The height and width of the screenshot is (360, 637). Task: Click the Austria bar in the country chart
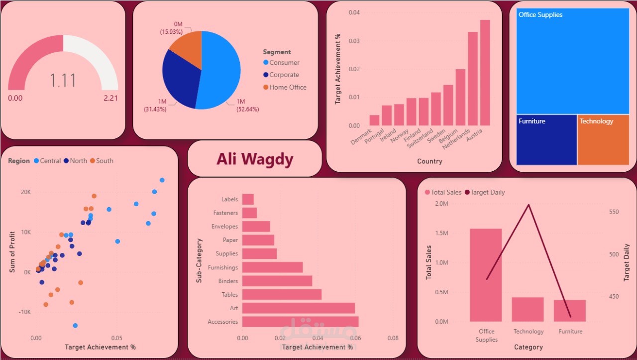tap(485, 73)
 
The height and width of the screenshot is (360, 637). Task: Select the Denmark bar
tap(374, 120)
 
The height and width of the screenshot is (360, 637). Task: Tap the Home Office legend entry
tap(288, 87)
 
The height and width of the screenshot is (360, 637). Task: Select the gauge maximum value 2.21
tap(110, 98)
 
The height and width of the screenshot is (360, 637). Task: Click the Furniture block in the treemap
tap(546, 140)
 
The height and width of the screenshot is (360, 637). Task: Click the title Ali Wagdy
tap(255, 159)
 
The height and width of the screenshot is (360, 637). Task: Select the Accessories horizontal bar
tap(300, 322)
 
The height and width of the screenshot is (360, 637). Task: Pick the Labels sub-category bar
tap(248, 199)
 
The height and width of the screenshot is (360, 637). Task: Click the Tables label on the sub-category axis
tap(229, 295)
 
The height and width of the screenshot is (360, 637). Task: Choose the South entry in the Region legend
tap(105, 161)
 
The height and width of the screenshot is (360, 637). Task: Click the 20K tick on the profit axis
tap(25, 192)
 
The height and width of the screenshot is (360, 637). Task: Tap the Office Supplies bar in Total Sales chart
tap(486, 275)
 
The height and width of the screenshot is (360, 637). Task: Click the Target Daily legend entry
tap(487, 192)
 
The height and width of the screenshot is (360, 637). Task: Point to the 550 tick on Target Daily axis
tap(614, 212)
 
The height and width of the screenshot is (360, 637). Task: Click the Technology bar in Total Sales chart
tap(528, 309)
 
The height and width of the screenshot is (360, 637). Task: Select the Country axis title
tap(429, 161)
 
